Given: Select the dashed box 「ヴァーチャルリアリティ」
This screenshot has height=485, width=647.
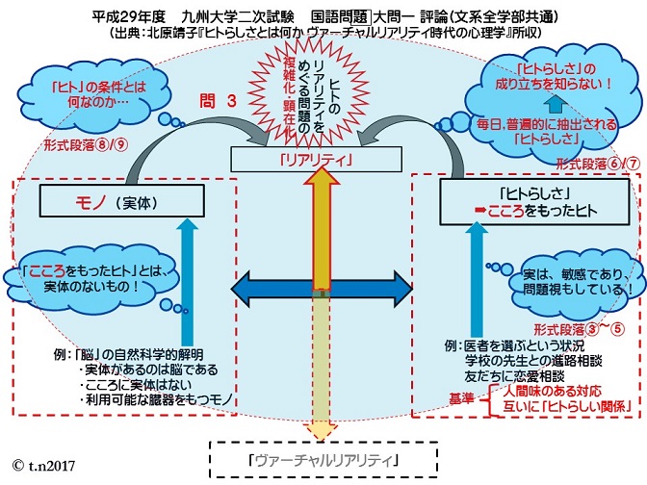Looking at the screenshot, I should pyautogui.click(x=323, y=459).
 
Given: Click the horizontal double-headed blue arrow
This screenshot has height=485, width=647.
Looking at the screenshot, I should pyautogui.click(x=323, y=288).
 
